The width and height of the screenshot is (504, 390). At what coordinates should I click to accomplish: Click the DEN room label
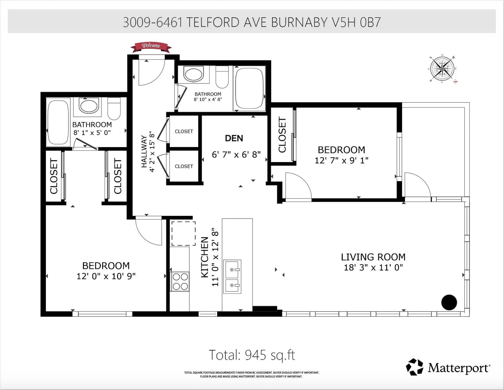point(234,138)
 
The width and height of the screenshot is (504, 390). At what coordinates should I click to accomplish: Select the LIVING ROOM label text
point(373,257)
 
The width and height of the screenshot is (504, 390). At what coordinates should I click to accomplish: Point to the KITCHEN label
point(204,257)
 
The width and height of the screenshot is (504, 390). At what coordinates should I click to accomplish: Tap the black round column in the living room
point(449,302)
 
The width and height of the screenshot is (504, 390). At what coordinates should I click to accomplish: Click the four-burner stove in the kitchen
point(180,281)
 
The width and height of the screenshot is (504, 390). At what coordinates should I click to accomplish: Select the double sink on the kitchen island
point(232,277)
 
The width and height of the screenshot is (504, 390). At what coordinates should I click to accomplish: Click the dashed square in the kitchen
point(183,233)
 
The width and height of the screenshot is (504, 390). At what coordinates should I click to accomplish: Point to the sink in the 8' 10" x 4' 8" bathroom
point(194,74)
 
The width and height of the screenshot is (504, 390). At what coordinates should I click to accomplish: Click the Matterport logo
point(448,367)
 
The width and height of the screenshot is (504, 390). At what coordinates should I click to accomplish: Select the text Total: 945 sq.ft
point(252,355)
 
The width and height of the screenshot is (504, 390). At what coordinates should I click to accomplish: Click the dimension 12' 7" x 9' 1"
point(341,160)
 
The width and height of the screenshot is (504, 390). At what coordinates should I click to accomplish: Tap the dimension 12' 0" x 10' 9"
point(106,276)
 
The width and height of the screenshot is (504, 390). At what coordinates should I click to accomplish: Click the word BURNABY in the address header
point(299,22)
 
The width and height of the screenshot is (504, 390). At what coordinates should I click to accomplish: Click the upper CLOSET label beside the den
point(184,131)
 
